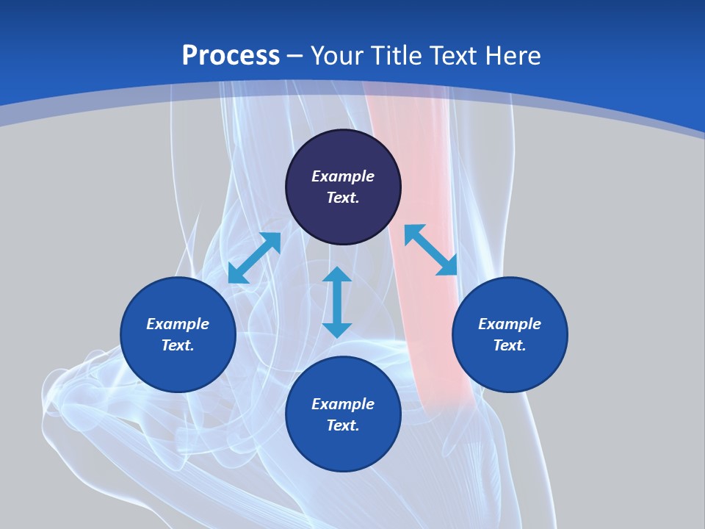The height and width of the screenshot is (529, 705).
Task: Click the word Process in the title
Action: coord(231,56)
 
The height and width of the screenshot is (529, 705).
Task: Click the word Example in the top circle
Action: coord(343,176)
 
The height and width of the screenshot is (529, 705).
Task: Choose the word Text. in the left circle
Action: coord(178,345)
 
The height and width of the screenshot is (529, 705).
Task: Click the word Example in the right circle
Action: coord(510,324)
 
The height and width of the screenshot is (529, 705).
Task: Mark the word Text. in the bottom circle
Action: coord(343,425)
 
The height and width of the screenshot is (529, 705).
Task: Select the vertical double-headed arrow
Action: coord(337,302)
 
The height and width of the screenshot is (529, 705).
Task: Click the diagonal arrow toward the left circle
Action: coord(254,258)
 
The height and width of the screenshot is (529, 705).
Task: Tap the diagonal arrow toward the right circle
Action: coord(430,250)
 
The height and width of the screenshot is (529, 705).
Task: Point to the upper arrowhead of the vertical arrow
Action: coord(337,275)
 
